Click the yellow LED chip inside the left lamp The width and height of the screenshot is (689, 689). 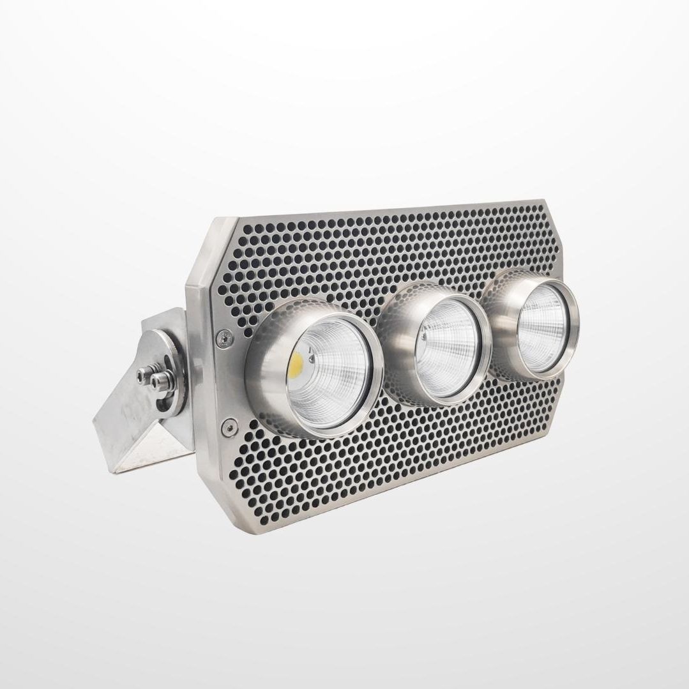(x=296, y=364)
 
